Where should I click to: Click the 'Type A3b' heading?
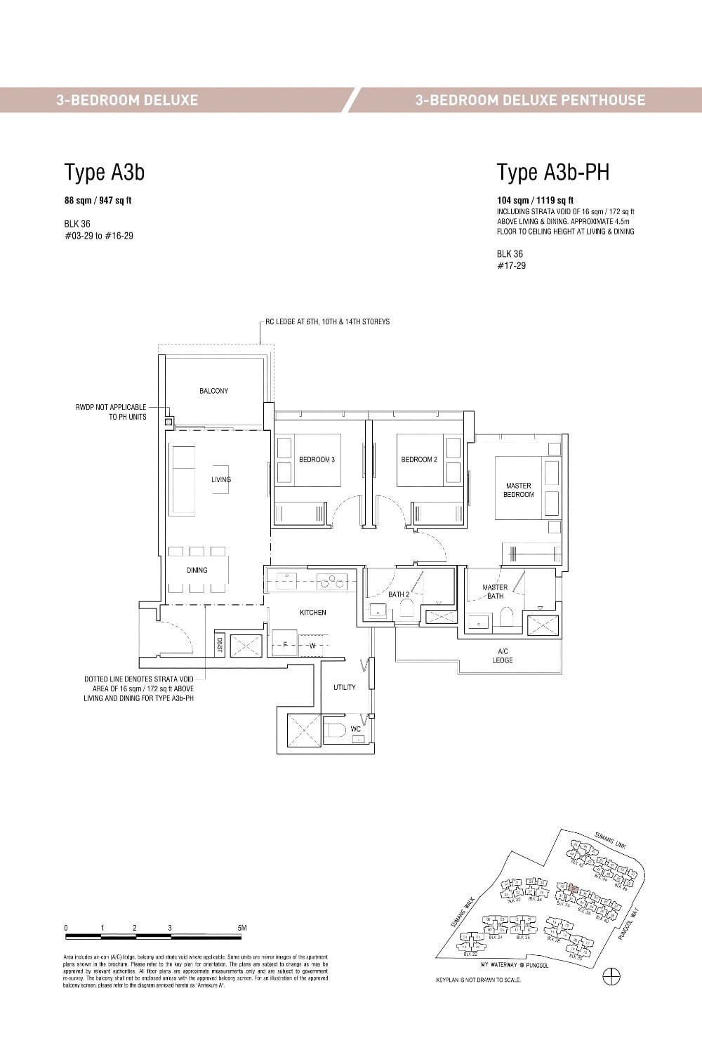[105, 172]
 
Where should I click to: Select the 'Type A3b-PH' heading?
[553, 172]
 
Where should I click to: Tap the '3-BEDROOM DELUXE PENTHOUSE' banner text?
[530, 100]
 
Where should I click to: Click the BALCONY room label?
[213, 391]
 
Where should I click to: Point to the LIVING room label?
[221, 480]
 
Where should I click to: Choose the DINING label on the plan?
[197, 570]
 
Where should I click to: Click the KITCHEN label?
[312, 613]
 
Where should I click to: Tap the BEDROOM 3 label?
[317, 460]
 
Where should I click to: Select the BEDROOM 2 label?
[419, 460]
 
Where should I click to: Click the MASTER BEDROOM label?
[518, 490]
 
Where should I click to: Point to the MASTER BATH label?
[495, 592]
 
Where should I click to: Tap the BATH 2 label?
[399, 594]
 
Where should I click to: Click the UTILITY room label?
[344, 688]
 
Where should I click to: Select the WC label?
[355, 729]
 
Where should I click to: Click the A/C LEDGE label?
[503, 655]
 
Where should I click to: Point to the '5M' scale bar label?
[242, 928]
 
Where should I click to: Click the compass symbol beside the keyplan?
[611, 976]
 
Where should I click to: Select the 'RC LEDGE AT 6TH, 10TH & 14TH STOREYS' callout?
[327, 322]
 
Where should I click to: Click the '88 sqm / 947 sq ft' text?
[98, 201]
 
